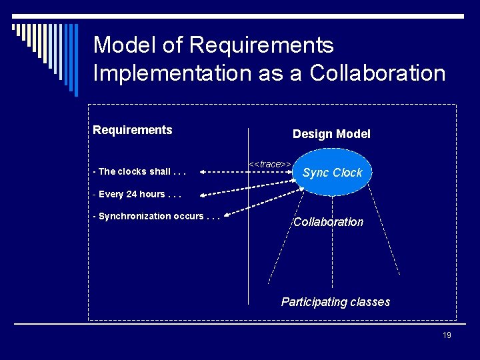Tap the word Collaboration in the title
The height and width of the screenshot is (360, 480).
coord(377,73)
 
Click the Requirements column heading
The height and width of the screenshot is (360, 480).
coord(133,130)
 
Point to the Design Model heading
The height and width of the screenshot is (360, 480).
coord(331,134)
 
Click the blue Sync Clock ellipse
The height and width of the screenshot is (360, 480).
coord(332,173)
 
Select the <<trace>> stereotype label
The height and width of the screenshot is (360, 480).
coord(269,164)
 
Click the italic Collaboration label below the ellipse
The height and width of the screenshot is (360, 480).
coord(329,222)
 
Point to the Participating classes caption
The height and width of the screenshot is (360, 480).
coord(335,302)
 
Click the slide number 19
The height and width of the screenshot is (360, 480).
coord(447,335)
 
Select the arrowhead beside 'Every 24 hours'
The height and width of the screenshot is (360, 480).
coord(203,195)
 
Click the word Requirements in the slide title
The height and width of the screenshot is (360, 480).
coord(261,45)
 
